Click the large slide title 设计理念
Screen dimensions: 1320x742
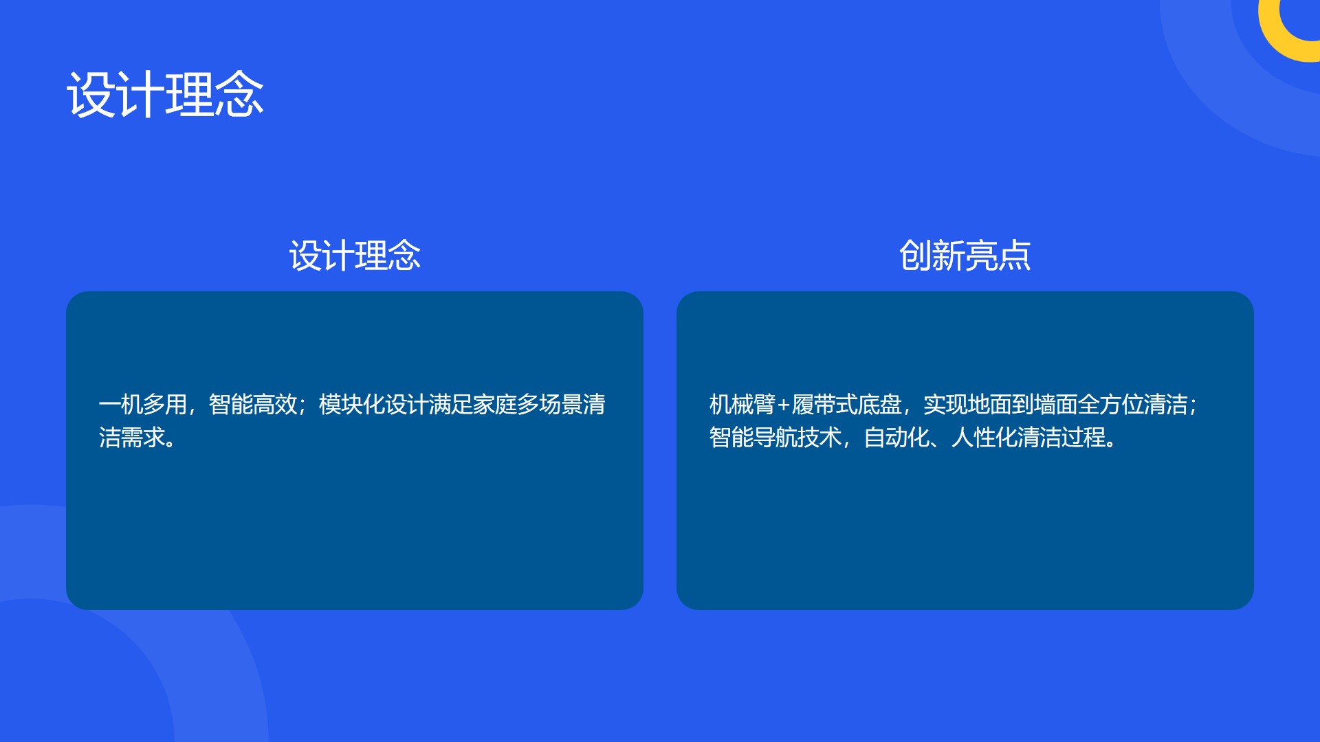[165, 95]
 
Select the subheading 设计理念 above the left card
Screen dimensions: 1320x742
[355, 256]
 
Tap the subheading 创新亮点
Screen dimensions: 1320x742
[965, 256]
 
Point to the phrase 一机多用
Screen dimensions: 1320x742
[143, 404]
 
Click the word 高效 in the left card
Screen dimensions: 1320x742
[275, 404]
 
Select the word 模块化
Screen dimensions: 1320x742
[352, 404]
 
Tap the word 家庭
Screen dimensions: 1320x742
[495, 404]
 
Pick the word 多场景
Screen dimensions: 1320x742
[550, 404]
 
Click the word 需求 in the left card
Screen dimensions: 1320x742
[143, 437]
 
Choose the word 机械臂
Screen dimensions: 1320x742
[742, 404]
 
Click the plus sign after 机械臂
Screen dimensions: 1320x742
[784, 405]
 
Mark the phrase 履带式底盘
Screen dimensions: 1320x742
[847, 404]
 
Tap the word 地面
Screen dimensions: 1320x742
[990, 404]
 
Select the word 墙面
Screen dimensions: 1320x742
[1056, 404]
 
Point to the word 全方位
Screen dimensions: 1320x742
[1111, 404]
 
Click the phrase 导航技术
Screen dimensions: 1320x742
[797, 437]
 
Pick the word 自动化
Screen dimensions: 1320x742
[896, 437]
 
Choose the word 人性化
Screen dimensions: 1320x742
[984, 437]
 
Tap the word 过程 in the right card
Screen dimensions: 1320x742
[1083, 437]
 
